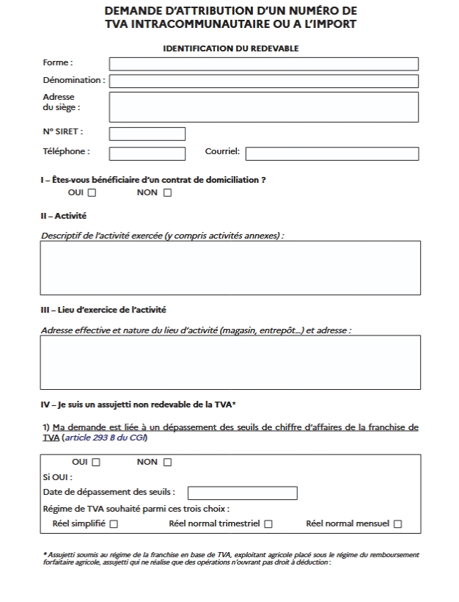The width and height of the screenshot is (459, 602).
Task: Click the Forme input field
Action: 263,64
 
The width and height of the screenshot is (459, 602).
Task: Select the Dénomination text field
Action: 263,81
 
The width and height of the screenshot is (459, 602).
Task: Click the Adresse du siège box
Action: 263,106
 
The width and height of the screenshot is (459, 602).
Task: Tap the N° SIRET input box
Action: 147,134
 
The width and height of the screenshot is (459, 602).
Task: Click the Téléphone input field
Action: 147,153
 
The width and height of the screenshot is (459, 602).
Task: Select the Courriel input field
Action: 331,153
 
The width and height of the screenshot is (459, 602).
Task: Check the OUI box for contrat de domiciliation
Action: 92,193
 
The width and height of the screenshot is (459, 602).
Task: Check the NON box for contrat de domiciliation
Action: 167,193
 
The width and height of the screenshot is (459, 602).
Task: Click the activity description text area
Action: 230,267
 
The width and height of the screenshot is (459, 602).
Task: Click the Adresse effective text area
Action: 230,362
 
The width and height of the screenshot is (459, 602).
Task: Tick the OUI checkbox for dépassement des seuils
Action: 96,462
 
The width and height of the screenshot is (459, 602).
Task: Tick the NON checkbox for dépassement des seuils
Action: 167,462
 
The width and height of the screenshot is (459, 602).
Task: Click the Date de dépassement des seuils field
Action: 243,493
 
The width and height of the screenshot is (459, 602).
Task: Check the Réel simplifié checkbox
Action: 114,524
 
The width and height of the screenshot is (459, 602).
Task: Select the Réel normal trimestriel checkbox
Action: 268,524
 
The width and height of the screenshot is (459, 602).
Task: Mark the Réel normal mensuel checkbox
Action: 397,524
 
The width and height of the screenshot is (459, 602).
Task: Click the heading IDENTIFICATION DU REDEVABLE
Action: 230,48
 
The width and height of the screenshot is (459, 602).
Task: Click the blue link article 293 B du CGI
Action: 105,438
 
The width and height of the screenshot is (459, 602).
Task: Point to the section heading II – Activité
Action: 64,217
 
